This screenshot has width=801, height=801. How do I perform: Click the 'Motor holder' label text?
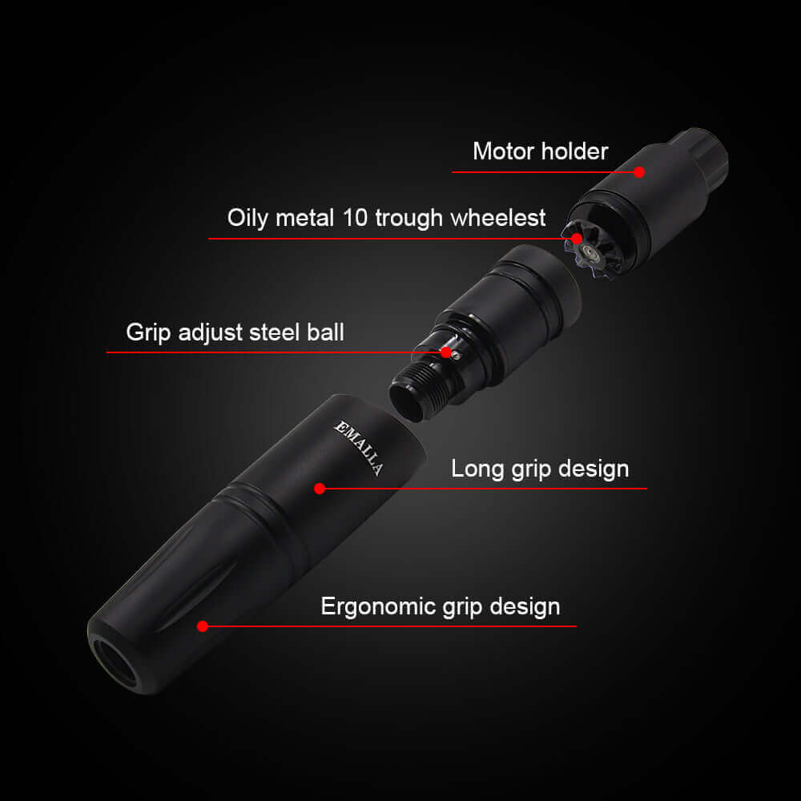click(541, 151)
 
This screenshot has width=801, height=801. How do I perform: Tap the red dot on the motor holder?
click(638, 172)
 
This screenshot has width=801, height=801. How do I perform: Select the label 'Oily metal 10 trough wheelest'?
click(386, 218)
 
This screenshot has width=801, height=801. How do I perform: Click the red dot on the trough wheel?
click(576, 239)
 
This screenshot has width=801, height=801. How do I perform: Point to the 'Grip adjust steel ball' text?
click(235, 332)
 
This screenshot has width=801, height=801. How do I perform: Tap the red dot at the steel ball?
click(446, 352)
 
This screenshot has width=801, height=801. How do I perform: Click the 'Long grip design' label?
click(539, 469)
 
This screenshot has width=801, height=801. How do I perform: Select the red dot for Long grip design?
click(320, 489)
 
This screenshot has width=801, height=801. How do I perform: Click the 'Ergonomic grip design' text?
click(441, 607)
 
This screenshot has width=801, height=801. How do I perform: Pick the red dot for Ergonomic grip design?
click(203, 626)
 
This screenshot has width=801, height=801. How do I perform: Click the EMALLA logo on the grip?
click(359, 448)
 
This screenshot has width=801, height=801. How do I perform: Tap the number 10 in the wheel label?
click(355, 218)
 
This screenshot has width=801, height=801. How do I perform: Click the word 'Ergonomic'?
click(378, 607)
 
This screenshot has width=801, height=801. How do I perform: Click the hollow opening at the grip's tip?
click(115, 663)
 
